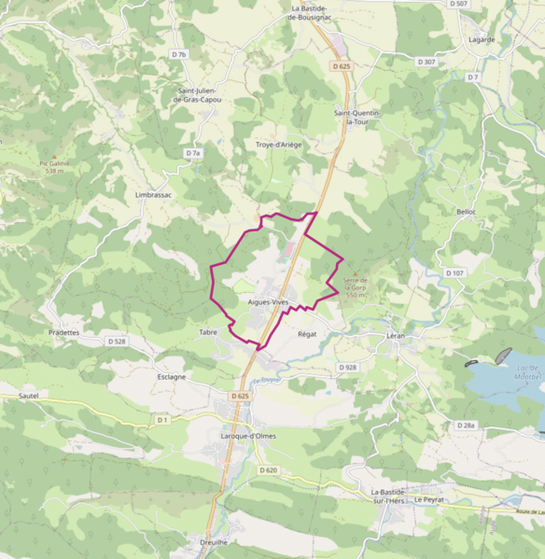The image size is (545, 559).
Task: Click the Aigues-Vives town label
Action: pos(269,302)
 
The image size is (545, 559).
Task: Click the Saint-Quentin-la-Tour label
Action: pos(357,117)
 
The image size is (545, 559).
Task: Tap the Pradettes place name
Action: pos(63,331)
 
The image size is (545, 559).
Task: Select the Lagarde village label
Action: pos(482,40)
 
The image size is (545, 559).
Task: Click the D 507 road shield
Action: pos(457,5)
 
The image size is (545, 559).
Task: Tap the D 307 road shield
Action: pos(426,62)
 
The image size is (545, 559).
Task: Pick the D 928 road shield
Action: pos(347,368)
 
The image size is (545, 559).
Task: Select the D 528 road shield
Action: pos(116,342)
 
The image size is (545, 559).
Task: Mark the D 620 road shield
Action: pos(269,469)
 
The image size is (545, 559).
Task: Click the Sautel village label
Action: pos(28,396)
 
